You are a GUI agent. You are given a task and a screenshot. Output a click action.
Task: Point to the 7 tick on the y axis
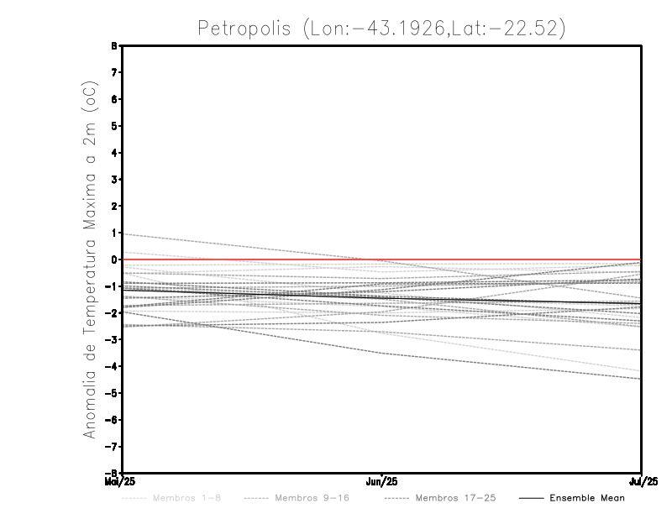113,72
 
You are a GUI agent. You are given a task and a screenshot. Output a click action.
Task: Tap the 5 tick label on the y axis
113,126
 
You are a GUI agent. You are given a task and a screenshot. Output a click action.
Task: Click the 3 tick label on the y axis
113,180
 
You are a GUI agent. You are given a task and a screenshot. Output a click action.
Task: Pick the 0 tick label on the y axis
113,259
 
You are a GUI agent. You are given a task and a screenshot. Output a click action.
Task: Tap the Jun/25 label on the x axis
382,481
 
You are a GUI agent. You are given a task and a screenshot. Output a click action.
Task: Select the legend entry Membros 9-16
312,498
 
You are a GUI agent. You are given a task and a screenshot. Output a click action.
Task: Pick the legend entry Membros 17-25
455,498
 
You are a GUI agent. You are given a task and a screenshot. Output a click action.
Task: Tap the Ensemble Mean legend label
587,498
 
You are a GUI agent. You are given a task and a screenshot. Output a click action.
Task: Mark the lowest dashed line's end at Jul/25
641,379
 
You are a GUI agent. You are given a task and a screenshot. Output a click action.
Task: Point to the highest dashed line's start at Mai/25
123,234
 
